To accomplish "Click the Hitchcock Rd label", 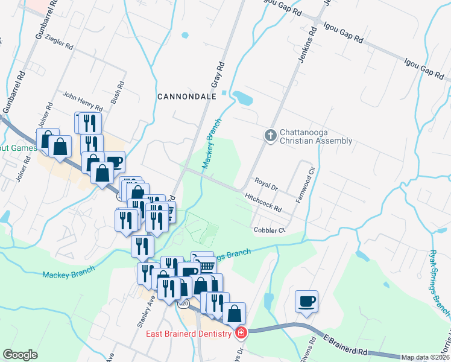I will click(263, 202).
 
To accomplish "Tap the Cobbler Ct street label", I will click(269, 230).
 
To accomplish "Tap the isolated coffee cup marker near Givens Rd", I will click(306, 301).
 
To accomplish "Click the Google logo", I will click(20, 355).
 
